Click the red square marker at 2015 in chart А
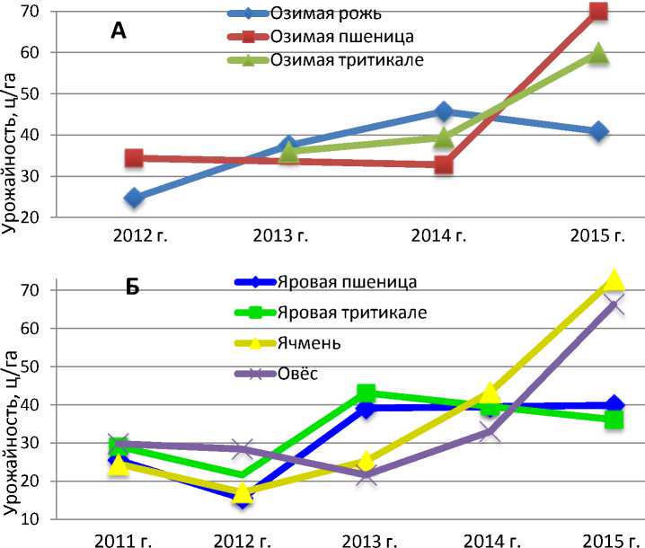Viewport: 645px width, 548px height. tap(598, 11)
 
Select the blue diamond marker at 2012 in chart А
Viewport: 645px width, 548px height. tap(134, 198)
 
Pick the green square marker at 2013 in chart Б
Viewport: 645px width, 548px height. tap(366, 393)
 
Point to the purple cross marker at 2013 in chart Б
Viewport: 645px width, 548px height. tap(366, 476)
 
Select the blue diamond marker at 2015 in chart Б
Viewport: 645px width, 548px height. tap(614, 405)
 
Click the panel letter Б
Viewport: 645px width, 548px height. tap(132, 290)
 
